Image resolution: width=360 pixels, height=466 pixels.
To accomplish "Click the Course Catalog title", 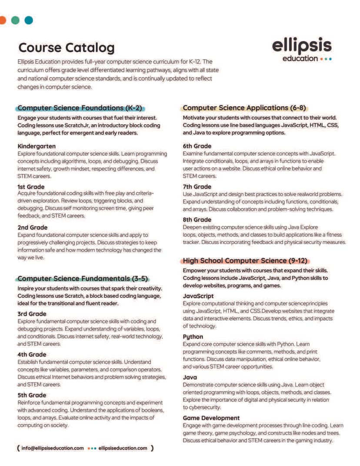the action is (67, 47).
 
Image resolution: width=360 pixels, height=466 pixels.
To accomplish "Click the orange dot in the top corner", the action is (2, 20).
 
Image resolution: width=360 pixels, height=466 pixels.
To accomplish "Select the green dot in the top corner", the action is (15, 20).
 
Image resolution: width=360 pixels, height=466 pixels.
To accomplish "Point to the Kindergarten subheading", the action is (37, 146).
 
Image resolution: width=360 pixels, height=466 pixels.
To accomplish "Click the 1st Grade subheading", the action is (31, 186).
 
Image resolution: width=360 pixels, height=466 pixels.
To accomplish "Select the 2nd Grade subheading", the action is (33, 227).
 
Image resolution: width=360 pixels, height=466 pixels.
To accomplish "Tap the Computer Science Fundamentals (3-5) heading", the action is (83, 278).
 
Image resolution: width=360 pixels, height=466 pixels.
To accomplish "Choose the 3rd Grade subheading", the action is (32, 313).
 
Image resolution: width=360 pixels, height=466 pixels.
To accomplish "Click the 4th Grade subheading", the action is (32, 354).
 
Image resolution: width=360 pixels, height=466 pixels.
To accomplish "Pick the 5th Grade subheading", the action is (32, 395).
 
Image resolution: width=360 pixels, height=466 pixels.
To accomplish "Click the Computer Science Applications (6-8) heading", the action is (245, 107).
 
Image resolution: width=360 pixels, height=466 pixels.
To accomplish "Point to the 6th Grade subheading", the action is (197, 146).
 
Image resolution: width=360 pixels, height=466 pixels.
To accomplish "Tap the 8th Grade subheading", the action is (197, 220).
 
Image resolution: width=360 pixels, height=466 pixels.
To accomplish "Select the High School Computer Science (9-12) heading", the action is (245, 261).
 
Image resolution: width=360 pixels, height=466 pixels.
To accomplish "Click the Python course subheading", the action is (193, 336).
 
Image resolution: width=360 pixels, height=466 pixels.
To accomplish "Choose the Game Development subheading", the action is (211, 418).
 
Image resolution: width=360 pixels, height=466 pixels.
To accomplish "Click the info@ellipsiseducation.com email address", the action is (53, 448).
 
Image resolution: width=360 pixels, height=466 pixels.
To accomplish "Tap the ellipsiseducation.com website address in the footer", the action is (123, 448).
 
